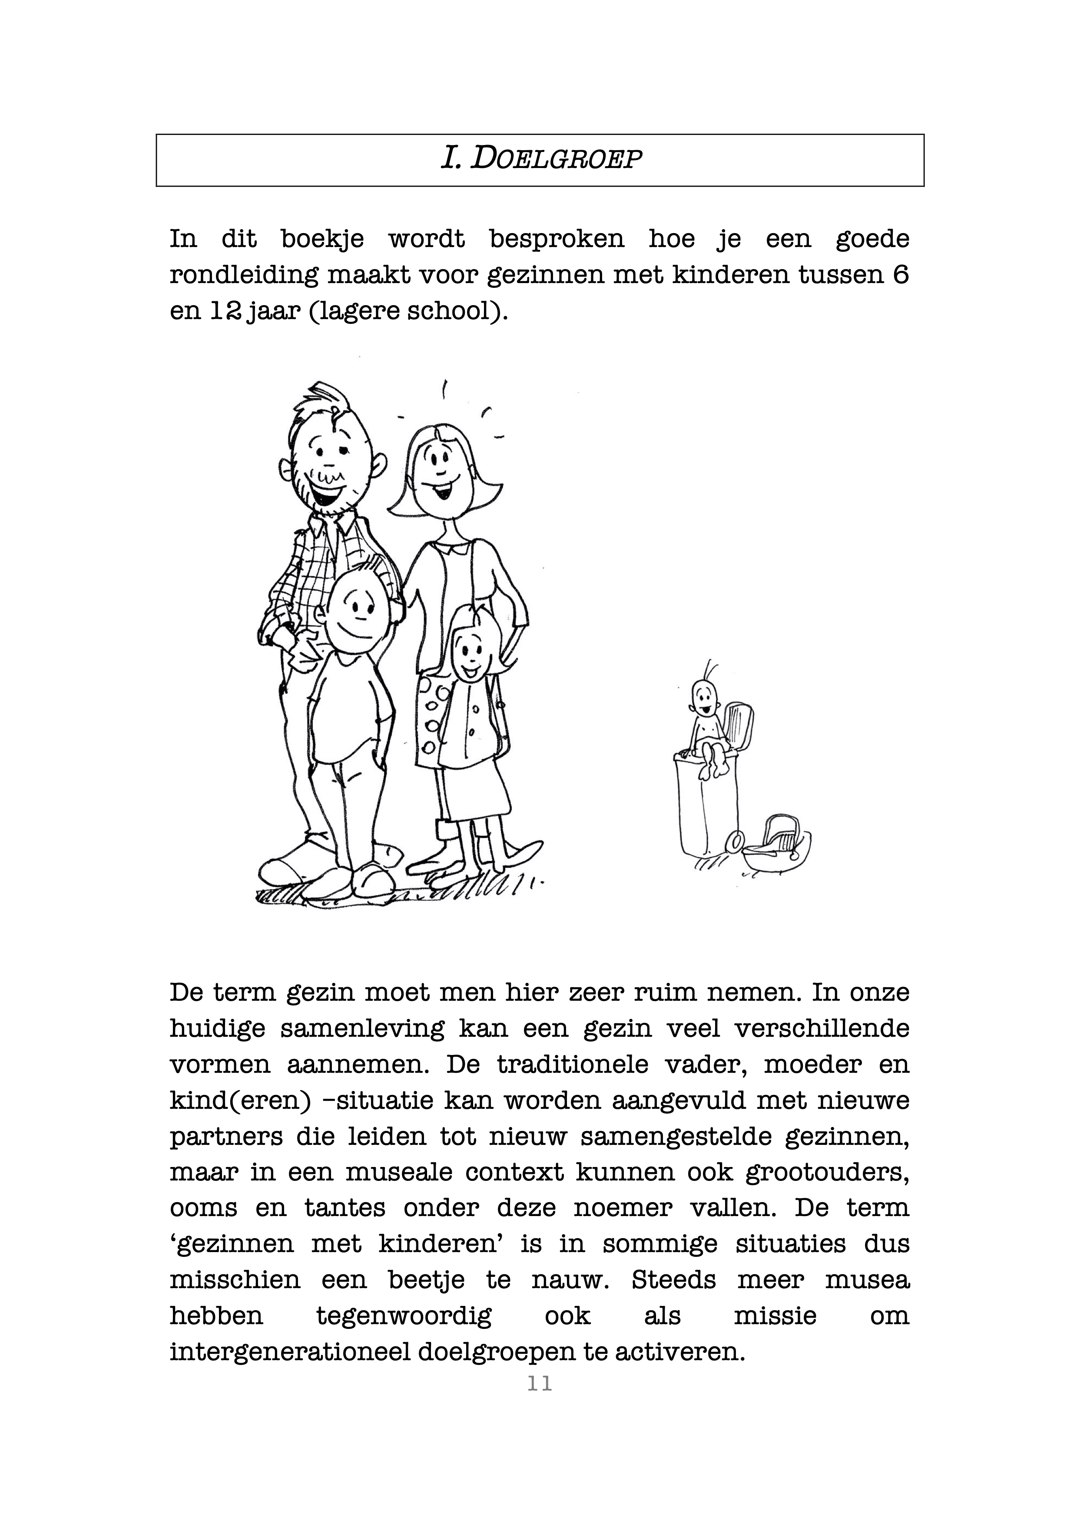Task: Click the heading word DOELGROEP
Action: tap(556, 160)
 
